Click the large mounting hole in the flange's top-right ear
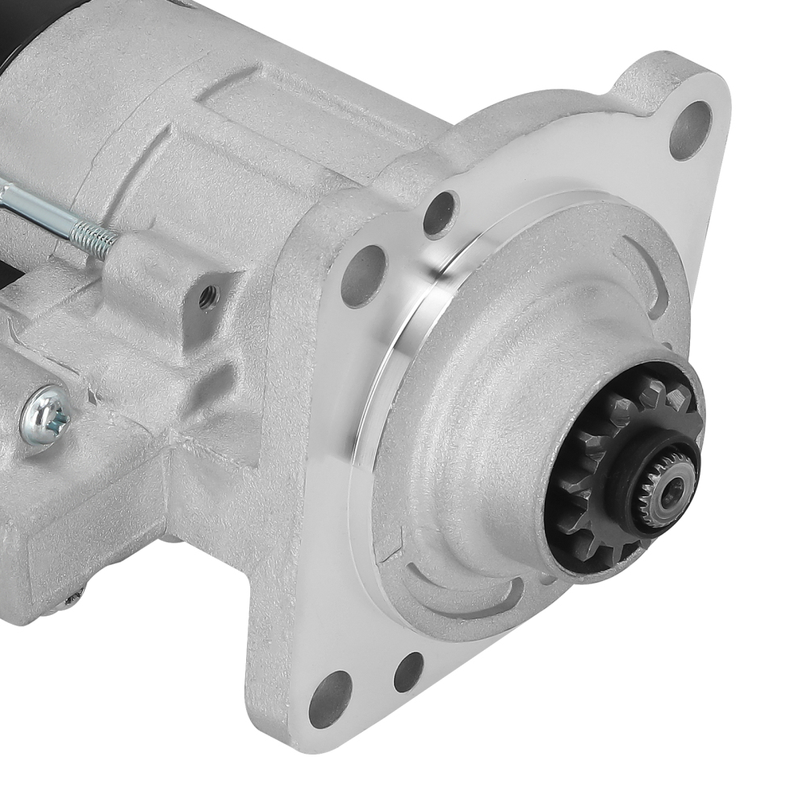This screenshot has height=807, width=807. click(691, 130)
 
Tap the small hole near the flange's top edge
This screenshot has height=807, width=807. click(440, 213)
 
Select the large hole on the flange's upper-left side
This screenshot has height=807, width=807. click(364, 275)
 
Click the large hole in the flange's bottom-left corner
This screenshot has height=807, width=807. click(331, 698)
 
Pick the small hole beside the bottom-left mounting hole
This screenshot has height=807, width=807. click(408, 671)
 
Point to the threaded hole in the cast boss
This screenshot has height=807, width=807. click(207, 298)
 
